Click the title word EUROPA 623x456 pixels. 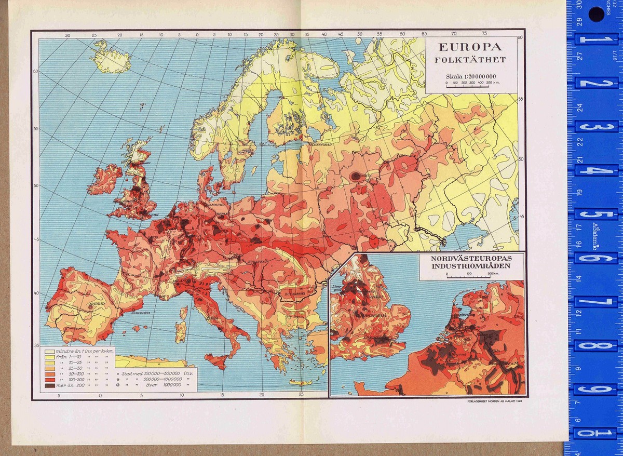click(x=471, y=46)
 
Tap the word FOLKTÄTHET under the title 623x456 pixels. click(x=471, y=60)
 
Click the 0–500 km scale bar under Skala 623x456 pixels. click(x=471, y=86)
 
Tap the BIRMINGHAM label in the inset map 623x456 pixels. click(x=371, y=315)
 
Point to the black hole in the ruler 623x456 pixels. click(x=596, y=14)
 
